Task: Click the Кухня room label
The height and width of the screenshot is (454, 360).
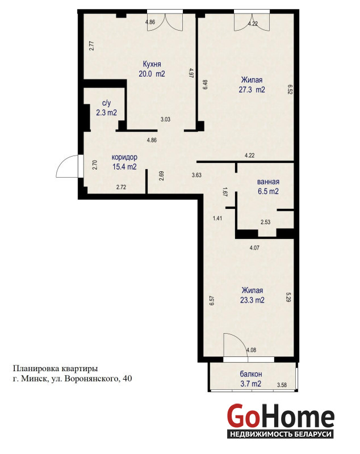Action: pos(152,64)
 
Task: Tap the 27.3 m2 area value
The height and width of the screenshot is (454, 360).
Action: pos(252,90)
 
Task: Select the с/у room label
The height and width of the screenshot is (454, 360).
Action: pos(107,103)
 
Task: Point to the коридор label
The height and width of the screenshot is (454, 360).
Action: pos(124,157)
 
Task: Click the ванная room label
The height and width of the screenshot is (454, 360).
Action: pos(268,182)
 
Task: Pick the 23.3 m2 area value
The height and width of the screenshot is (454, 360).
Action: pos(252,300)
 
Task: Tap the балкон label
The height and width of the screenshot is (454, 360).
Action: pos(251,374)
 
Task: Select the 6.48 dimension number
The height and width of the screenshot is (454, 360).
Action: pos(206,84)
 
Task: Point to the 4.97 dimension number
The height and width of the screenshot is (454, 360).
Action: pos(191,73)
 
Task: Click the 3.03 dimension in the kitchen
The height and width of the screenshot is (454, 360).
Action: pos(165,119)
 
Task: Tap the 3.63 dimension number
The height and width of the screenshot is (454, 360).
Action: pos(196,175)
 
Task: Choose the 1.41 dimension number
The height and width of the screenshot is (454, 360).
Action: pos(217,218)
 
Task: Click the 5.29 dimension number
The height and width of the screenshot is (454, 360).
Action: pos(288,297)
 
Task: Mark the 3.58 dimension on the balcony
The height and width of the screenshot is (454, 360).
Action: pos(282,385)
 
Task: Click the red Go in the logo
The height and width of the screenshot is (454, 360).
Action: pos(242,415)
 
